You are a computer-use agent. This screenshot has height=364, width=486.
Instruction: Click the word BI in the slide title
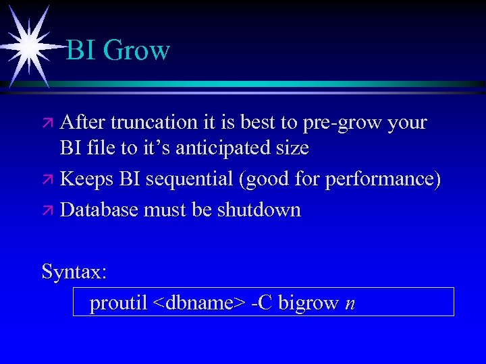pos(82,51)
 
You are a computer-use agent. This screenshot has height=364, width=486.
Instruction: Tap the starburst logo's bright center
pos(29,44)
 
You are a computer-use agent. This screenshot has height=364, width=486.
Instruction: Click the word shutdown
pos(259,210)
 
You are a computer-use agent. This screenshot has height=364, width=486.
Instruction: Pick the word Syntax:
pos(74,272)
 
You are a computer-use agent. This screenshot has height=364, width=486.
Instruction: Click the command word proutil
pos(118,303)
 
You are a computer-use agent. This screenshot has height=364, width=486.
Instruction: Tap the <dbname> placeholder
pos(199,303)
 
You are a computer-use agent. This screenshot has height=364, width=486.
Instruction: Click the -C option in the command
pos(261,303)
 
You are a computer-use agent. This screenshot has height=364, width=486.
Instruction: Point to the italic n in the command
pos(349,305)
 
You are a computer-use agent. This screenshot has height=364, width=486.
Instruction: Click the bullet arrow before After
pos(48,123)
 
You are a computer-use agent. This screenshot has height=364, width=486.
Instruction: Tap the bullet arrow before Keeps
pos(48,179)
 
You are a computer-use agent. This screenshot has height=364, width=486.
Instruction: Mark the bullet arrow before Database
pos(48,210)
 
